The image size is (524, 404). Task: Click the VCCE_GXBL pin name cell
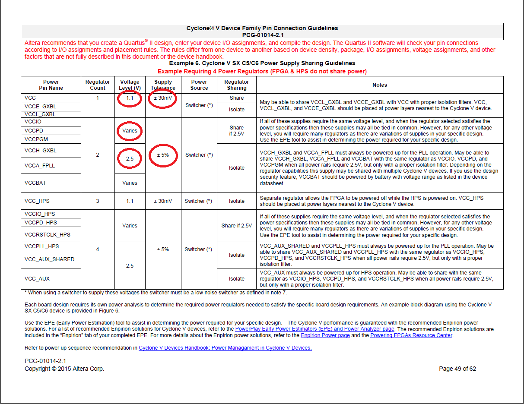(x=41, y=106)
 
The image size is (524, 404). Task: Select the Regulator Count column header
(x=98, y=85)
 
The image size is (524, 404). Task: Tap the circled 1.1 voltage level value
(x=130, y=98)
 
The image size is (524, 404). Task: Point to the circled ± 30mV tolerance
(x=163, y=98)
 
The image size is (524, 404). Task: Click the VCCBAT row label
(x=35, y=183)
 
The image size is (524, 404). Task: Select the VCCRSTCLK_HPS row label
(x=48, y=234)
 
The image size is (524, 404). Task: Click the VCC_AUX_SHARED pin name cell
(x=50, y=259)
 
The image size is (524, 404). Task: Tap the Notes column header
(x=380, y=85)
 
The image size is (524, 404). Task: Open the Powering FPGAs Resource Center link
(x=411, y=335)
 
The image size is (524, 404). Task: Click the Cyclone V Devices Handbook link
(x=225, y=348)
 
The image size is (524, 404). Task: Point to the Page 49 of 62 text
(x=457, y=369)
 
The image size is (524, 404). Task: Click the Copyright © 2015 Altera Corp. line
(x=64, y=369)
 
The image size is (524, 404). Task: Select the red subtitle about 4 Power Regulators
(x=262, y=71)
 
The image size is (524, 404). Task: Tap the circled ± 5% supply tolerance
(x=163, y=155)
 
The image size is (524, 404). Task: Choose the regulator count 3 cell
(x=98, y=201)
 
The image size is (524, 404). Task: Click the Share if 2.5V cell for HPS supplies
(x=237, y=225)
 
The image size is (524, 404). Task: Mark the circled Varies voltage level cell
(x=130, y=130)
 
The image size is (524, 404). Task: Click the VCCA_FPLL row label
(x=40, y=165)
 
